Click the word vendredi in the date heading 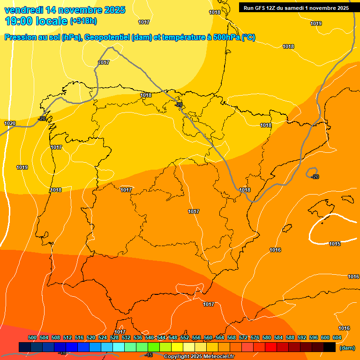(22, 10)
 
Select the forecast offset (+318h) (83, 21)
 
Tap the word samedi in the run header (296, 8)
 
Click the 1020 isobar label (10, 123)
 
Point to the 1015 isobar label (335, 244)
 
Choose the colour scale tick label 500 (32, 337)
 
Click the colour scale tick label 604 (337, 337)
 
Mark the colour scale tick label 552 (185, 337)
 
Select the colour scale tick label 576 (255, 337)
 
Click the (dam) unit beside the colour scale (347, 348)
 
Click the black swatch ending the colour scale (330, 347)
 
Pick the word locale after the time (54, 21)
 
